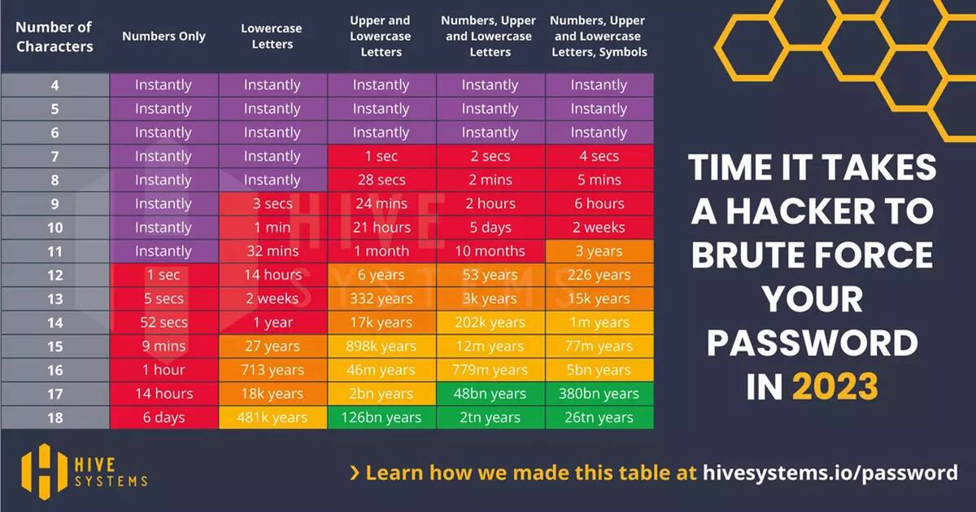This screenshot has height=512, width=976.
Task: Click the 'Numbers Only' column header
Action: click(x=163, y=37)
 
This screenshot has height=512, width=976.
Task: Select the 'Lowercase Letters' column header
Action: click(x=272, y=37)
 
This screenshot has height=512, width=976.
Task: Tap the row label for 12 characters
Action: click(x=54, y=275)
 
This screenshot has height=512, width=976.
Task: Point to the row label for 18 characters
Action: click(x=54, y=418)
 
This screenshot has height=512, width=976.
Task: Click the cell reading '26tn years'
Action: click(x=599, y=418)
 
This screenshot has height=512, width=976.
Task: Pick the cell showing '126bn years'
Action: click(x=381, y=418)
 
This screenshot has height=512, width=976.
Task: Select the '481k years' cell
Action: click(x=272, y=418)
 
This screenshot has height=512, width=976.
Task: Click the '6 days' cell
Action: click(x=163, y=418)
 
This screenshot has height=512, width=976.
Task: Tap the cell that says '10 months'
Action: click(x=490, y=251)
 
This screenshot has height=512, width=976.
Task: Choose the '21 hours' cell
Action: click(x=381, y=228)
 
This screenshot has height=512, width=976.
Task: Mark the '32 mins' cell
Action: click(x=272, y=251)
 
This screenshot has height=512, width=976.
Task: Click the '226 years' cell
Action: click(x=599, y=275)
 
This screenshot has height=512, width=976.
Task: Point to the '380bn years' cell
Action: click(x=599, y=393)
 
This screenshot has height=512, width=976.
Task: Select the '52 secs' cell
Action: click(x=163, y=323)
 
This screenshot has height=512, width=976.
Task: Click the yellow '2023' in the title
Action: click(x=834, y=387)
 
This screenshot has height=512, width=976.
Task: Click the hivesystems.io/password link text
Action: click(x=829, y=472)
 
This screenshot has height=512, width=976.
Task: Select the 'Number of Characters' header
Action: click(x=54, y=37)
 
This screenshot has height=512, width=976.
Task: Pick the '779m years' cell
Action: click(x=490, y=370)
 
